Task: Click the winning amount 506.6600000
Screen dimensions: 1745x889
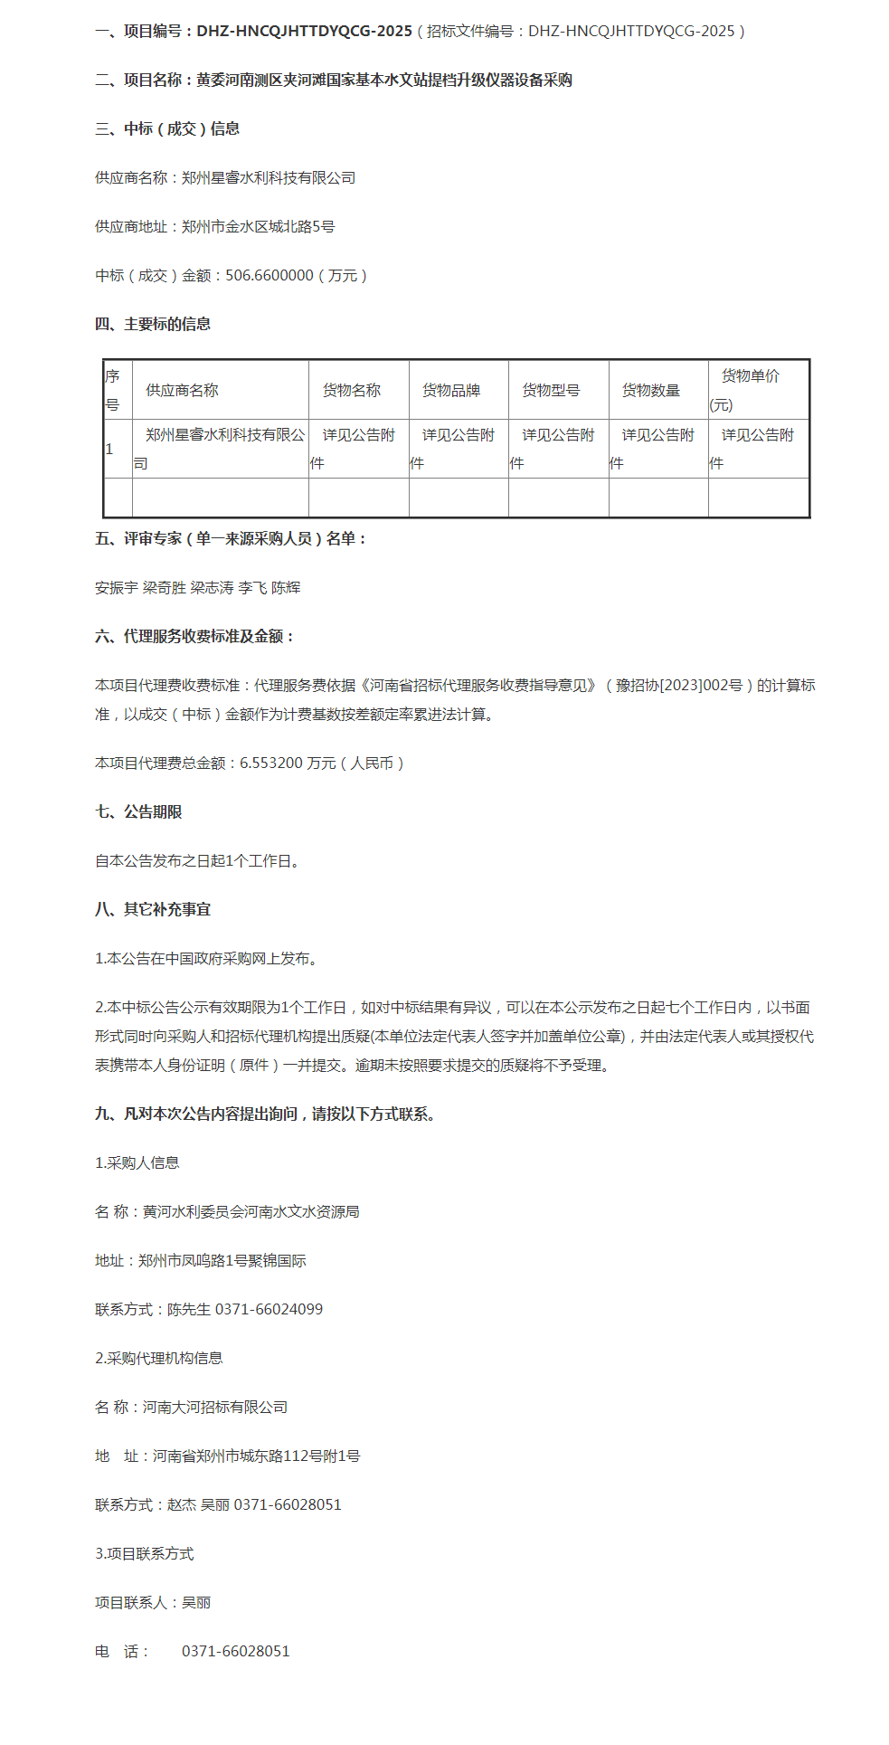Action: (x=270, y=275)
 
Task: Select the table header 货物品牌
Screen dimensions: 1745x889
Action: (x=451, y=390)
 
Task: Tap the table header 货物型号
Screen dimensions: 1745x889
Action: (x=551, y=390)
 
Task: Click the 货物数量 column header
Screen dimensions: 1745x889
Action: (x=650, y=390)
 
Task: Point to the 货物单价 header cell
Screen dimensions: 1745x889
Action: (x=750, y=376)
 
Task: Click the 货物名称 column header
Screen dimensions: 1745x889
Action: (x=352, y=390)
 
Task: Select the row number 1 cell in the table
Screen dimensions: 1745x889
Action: (x=109, y=449)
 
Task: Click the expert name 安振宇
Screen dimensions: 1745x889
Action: (x=117, y=587)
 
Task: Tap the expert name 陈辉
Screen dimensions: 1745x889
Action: (x=286, y=587)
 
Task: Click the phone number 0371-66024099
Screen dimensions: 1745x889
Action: (x=269, y=1309)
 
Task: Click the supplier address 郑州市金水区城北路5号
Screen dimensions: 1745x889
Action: (x=258, y=226)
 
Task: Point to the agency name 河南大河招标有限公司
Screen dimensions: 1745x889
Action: (x=215, y=1407)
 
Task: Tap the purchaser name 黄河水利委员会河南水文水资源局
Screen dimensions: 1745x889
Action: (x=251, y=1211)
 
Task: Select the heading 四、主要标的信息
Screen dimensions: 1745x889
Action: (x=153, y=324)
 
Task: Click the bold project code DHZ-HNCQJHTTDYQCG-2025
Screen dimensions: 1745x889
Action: (x=304, y=31)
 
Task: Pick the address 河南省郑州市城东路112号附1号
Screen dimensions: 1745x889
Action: (x=256, y=1456)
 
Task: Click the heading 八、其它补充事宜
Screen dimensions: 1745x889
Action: (x=153, y=909)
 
